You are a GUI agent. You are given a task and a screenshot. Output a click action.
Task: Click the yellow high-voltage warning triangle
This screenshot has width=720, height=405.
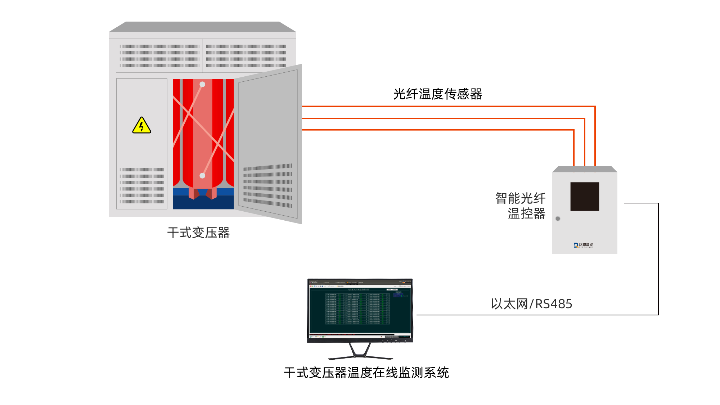coord(141,125)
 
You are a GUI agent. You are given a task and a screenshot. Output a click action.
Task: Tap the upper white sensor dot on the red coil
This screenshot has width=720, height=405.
coord(202,84)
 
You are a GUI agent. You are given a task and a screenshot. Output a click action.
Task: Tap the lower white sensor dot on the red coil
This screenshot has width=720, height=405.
coord(202,176)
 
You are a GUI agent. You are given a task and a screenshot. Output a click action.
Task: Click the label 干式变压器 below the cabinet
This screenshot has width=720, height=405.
coord(198,233)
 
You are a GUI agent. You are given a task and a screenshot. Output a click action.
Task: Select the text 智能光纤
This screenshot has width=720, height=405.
coord(520,198)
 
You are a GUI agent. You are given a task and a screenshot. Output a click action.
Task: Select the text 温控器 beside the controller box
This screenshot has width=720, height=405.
coord(526,213)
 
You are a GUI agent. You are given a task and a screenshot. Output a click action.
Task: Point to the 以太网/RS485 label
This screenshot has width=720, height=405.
coord(531,304)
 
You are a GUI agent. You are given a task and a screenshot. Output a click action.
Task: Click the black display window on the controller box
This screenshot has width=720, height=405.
coord(585,197)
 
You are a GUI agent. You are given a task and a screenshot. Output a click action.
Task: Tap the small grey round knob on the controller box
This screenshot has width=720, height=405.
coord(558,219)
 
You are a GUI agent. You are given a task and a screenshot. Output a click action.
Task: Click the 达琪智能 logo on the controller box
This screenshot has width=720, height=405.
coord(583,245)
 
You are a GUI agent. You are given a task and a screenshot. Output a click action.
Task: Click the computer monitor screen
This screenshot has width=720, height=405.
coord(360,310)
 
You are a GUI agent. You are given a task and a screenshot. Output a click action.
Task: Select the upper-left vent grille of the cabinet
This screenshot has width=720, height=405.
coord(159,56)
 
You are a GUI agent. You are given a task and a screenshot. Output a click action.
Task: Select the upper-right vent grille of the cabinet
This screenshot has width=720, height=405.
coord(246,56)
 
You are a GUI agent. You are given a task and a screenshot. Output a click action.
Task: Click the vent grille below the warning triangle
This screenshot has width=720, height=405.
coord(141,186)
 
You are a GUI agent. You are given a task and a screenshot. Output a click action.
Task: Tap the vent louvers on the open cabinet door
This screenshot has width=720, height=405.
coord(267,186)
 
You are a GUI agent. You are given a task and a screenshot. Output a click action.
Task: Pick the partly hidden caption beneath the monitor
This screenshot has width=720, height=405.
coord(366,372)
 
